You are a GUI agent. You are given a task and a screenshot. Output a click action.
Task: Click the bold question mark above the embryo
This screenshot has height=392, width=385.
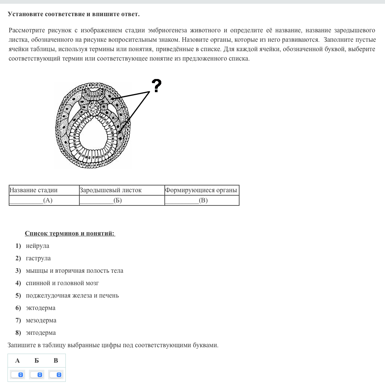coord(156,86)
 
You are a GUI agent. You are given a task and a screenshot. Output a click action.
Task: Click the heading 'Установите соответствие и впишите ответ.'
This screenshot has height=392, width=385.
coord(74,14)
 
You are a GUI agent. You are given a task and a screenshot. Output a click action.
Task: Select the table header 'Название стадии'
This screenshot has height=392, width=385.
coord(33,190)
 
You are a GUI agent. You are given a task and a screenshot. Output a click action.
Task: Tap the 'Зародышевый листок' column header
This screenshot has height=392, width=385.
coord(111,190)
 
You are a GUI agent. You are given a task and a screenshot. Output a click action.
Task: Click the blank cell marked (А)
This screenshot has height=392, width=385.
coord(44,201)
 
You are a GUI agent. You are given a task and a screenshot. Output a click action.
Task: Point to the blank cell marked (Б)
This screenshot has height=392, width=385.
coord(122,201)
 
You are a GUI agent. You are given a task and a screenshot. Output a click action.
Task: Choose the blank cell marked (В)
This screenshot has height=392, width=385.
coord(202,201)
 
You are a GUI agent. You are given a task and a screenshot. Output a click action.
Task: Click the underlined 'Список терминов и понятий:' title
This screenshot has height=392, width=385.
coord(70,234)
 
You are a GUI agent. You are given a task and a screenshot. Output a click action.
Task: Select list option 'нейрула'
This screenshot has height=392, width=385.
coord(38,246)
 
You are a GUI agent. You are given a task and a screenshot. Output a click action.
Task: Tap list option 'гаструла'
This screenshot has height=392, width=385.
coord(38,258)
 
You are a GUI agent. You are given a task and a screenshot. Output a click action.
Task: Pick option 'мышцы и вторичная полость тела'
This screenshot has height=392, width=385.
coord(74,271)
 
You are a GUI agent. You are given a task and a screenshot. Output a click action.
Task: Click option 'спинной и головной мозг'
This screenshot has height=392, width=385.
coord(62,283)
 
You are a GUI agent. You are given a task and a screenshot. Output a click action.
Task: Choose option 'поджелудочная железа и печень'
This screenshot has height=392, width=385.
coord(72,296)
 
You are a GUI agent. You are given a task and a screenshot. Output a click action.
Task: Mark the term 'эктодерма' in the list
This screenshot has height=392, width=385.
coord(41,308)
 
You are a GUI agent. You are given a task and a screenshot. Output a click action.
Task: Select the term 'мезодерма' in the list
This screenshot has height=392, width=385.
coord(41,321)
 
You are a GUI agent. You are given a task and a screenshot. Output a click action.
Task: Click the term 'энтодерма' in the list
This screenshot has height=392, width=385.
coord(41,333)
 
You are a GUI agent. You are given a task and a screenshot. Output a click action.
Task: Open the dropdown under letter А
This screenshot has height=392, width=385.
coord(17,375)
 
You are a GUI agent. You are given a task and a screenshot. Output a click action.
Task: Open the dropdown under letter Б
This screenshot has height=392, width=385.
coord(37,375)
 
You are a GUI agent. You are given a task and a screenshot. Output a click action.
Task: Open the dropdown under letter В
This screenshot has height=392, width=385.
coord(56,375)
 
